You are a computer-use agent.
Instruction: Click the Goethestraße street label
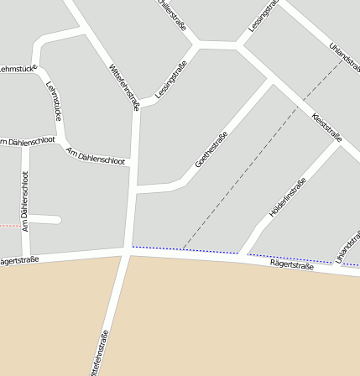pyautogui.click(x=211, y=149)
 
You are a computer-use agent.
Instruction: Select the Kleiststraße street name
pyautogui.click(x=326, y=127)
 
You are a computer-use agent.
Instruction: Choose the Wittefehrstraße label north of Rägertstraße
pyautogui.click(x=124, y=87)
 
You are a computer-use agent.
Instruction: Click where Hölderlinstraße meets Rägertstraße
pyautogui.click(x=243, y=254)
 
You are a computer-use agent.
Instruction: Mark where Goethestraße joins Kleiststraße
pyautogui.click(x=270, y=81)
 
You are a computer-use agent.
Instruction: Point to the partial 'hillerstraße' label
pyautogui.click(x=172, y=14)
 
